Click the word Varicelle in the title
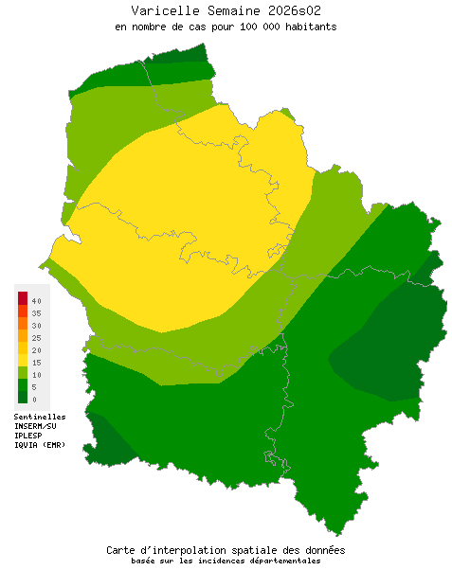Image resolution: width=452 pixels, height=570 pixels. click(162, 10)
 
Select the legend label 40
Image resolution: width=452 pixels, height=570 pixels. click(36, 300)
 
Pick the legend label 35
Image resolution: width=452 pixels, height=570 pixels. click(36, 312)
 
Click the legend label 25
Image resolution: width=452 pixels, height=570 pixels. click(36, 337)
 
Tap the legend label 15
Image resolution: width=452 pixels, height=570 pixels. click(36, 363)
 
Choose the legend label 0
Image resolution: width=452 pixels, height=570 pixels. click(34, 400)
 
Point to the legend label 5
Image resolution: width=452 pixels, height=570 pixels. click(34, 387)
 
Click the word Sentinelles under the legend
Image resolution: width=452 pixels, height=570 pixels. click(40, 416)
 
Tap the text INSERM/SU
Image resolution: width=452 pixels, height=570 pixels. click(36, 426)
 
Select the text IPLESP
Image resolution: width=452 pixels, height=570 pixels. click(28, 436)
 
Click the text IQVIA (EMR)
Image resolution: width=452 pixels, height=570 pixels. click(40, 445)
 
